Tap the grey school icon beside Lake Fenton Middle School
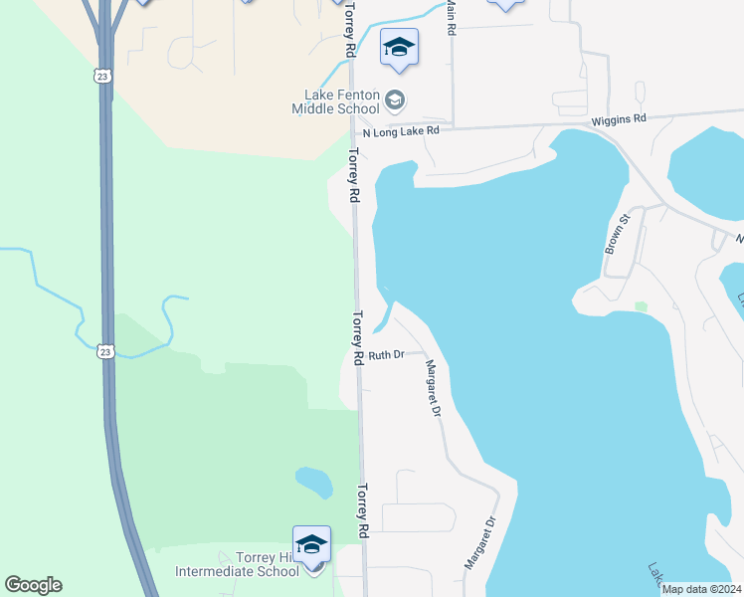coord(396,99)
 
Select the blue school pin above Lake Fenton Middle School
coord(399,48)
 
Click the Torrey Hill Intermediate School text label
coord(237,564)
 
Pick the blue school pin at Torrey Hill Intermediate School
coord(311,543)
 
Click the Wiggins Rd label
coord(619,118)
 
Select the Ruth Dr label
coord(386,355)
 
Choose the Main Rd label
coord(450,18)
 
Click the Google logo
coord(33,585)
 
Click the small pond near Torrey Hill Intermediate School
coord(314,483)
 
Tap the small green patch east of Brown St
coord(642,305)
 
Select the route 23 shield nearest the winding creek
coord(104,350)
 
